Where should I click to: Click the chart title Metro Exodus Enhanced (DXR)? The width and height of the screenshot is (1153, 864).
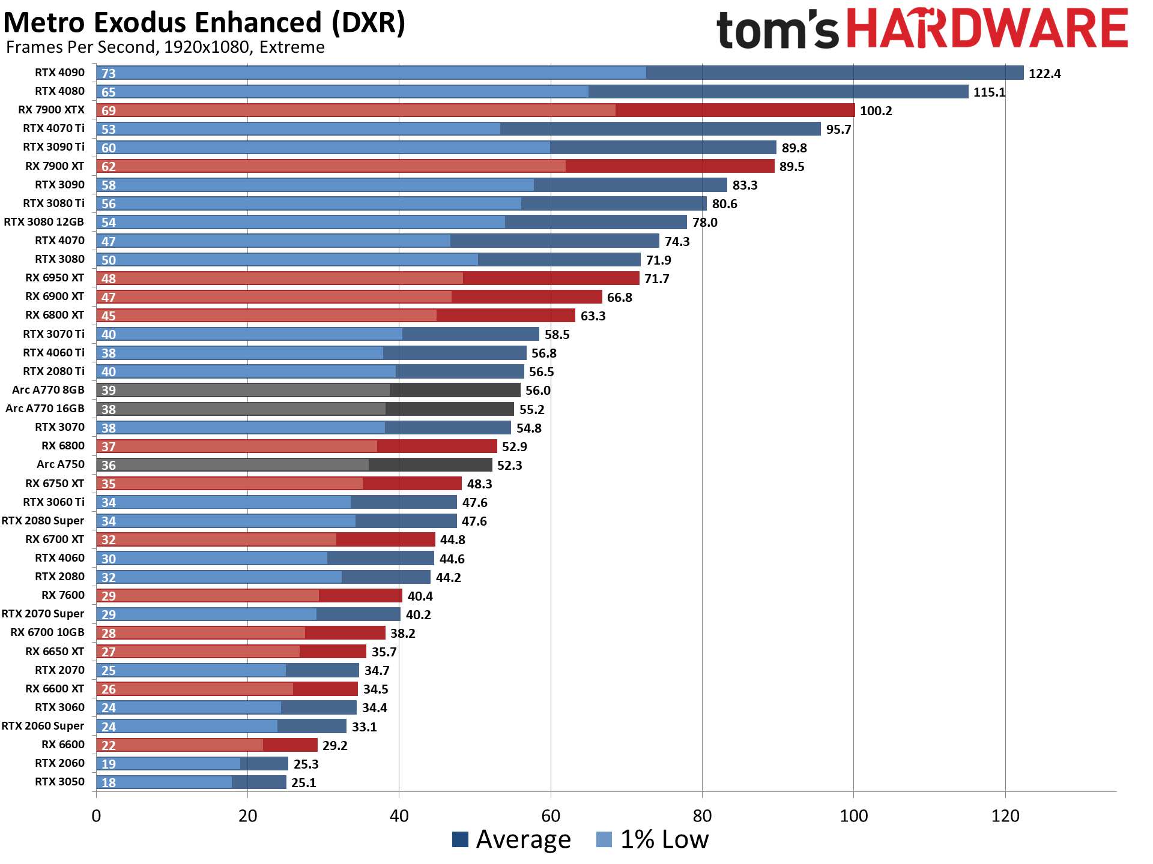(204, 23)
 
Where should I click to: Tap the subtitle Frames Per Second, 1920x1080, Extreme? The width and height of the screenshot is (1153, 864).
(165, 47)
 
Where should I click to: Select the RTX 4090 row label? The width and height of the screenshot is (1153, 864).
(59, 73)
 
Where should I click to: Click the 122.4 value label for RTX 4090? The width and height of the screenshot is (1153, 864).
(1044, 73)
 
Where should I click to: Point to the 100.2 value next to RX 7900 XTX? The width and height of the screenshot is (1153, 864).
(876, 110)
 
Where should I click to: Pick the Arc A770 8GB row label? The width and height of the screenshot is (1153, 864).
(48, 390)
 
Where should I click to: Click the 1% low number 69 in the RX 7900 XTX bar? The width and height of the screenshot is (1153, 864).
(109, 110)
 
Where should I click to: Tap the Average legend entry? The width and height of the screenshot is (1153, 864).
(511, 839)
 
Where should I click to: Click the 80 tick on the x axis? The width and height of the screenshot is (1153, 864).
(702, 816)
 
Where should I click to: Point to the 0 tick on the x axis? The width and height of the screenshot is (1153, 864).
(96, 816)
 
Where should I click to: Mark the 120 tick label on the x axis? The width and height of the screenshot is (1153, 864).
(1005, 816)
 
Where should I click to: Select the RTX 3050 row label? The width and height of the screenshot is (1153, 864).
(59, 782)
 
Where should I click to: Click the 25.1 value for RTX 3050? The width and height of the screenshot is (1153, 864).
(303, 782)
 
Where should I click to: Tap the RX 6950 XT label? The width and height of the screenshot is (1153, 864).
(55, 278)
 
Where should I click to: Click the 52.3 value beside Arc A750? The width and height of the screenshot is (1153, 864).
(509, 465)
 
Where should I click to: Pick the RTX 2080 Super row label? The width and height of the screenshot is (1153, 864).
(43, 521)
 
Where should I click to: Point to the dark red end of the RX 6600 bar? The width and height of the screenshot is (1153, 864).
(290, 745)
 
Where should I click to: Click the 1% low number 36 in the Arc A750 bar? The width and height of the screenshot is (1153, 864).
(109, 465)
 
